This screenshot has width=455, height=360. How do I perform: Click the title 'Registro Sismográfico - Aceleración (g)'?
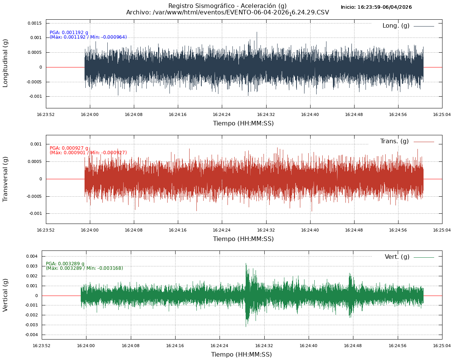227,6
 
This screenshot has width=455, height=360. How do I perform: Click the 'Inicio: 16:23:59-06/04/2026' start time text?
376,7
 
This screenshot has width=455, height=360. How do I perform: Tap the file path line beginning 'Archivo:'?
227,13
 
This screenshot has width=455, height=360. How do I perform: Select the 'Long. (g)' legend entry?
396,26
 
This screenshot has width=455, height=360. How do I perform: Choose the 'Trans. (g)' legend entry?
394,141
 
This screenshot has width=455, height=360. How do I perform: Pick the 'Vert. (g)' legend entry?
397,257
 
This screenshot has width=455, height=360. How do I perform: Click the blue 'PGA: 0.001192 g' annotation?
69,33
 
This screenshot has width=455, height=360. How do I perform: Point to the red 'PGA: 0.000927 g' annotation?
69,148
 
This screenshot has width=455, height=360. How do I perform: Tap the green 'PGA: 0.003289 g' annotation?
65,264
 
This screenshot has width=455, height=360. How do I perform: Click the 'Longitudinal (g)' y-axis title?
5,64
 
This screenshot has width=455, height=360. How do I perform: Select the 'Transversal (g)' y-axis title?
5,179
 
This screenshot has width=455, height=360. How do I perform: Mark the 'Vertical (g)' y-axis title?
5,295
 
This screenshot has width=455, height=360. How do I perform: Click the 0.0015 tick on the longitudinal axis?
35,23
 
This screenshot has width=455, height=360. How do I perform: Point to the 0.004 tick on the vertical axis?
31,256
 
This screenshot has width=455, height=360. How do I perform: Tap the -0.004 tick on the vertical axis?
31,335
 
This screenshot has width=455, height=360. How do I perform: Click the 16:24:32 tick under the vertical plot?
264,346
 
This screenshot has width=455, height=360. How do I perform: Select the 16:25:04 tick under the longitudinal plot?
442,114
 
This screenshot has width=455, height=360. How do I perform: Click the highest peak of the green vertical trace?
246,263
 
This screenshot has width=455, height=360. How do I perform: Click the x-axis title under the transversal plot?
243,239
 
